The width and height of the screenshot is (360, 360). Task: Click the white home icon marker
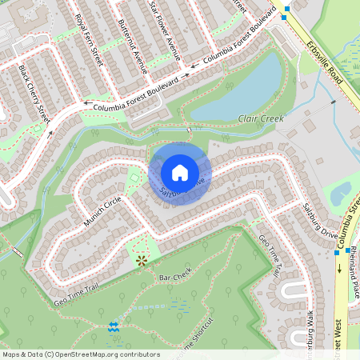180,172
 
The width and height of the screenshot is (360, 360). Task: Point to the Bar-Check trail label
176,277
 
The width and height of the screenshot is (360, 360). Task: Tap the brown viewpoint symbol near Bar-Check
142,260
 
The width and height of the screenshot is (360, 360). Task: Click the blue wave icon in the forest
113,326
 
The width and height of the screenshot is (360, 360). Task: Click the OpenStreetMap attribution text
81,354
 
